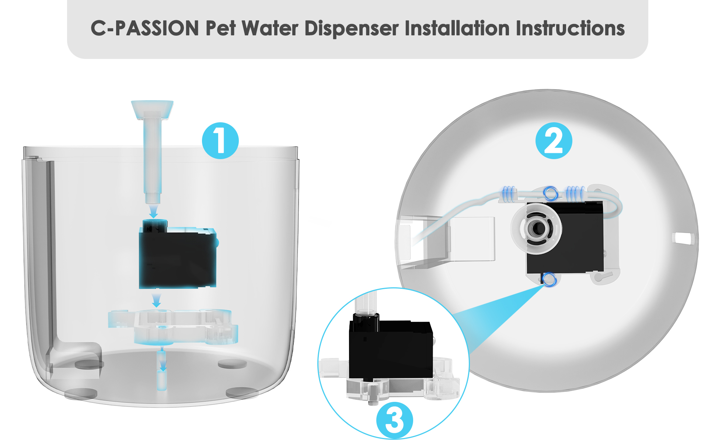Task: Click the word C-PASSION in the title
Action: pyautogui.click(x=144, y=28)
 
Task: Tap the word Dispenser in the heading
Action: pyautogui.click(x=352, y=28)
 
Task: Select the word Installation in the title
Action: pyautogui.click(x=457, y=28)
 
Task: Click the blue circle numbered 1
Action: pyautogui.click(x=220, y=141)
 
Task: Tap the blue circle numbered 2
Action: pyautogui.click(x=554, y=141)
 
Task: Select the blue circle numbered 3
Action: pyautogui.click(x=394, y=420)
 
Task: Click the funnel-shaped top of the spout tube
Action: pyautogui.click(x=152, y=109)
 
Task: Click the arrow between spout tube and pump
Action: pyautogui.click(x=154, y=211)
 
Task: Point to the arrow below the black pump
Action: pyautogui.click(x=157, y=300)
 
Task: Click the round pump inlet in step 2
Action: pyautogui.click(x=536, y=228)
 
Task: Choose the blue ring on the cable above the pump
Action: pyautogui.click(x=551, y=193)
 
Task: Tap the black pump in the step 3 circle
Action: pyautogui.click(x=391, y=348)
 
